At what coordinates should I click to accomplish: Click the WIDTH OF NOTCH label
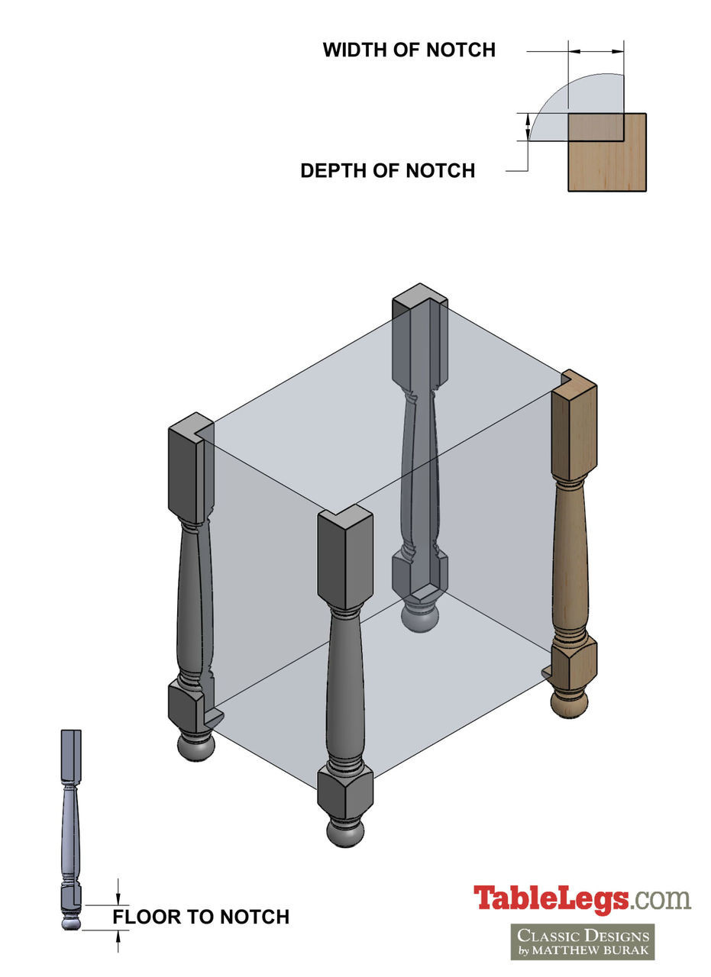[409, 50]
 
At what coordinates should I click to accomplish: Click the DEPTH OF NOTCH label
[387, 171]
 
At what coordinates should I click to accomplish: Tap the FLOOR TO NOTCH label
[201, 917]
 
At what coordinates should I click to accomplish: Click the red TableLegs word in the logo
[551, 898]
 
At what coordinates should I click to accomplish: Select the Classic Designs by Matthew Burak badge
[582, 941]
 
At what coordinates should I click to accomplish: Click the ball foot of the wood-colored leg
[570, 702]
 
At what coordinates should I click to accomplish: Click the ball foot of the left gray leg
[196, 746]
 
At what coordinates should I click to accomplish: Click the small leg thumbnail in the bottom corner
[71, 828]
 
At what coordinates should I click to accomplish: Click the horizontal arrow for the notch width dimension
[596, 52]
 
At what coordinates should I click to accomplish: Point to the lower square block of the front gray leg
[345, 791]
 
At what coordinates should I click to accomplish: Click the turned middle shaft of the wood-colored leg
[570, 557]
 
